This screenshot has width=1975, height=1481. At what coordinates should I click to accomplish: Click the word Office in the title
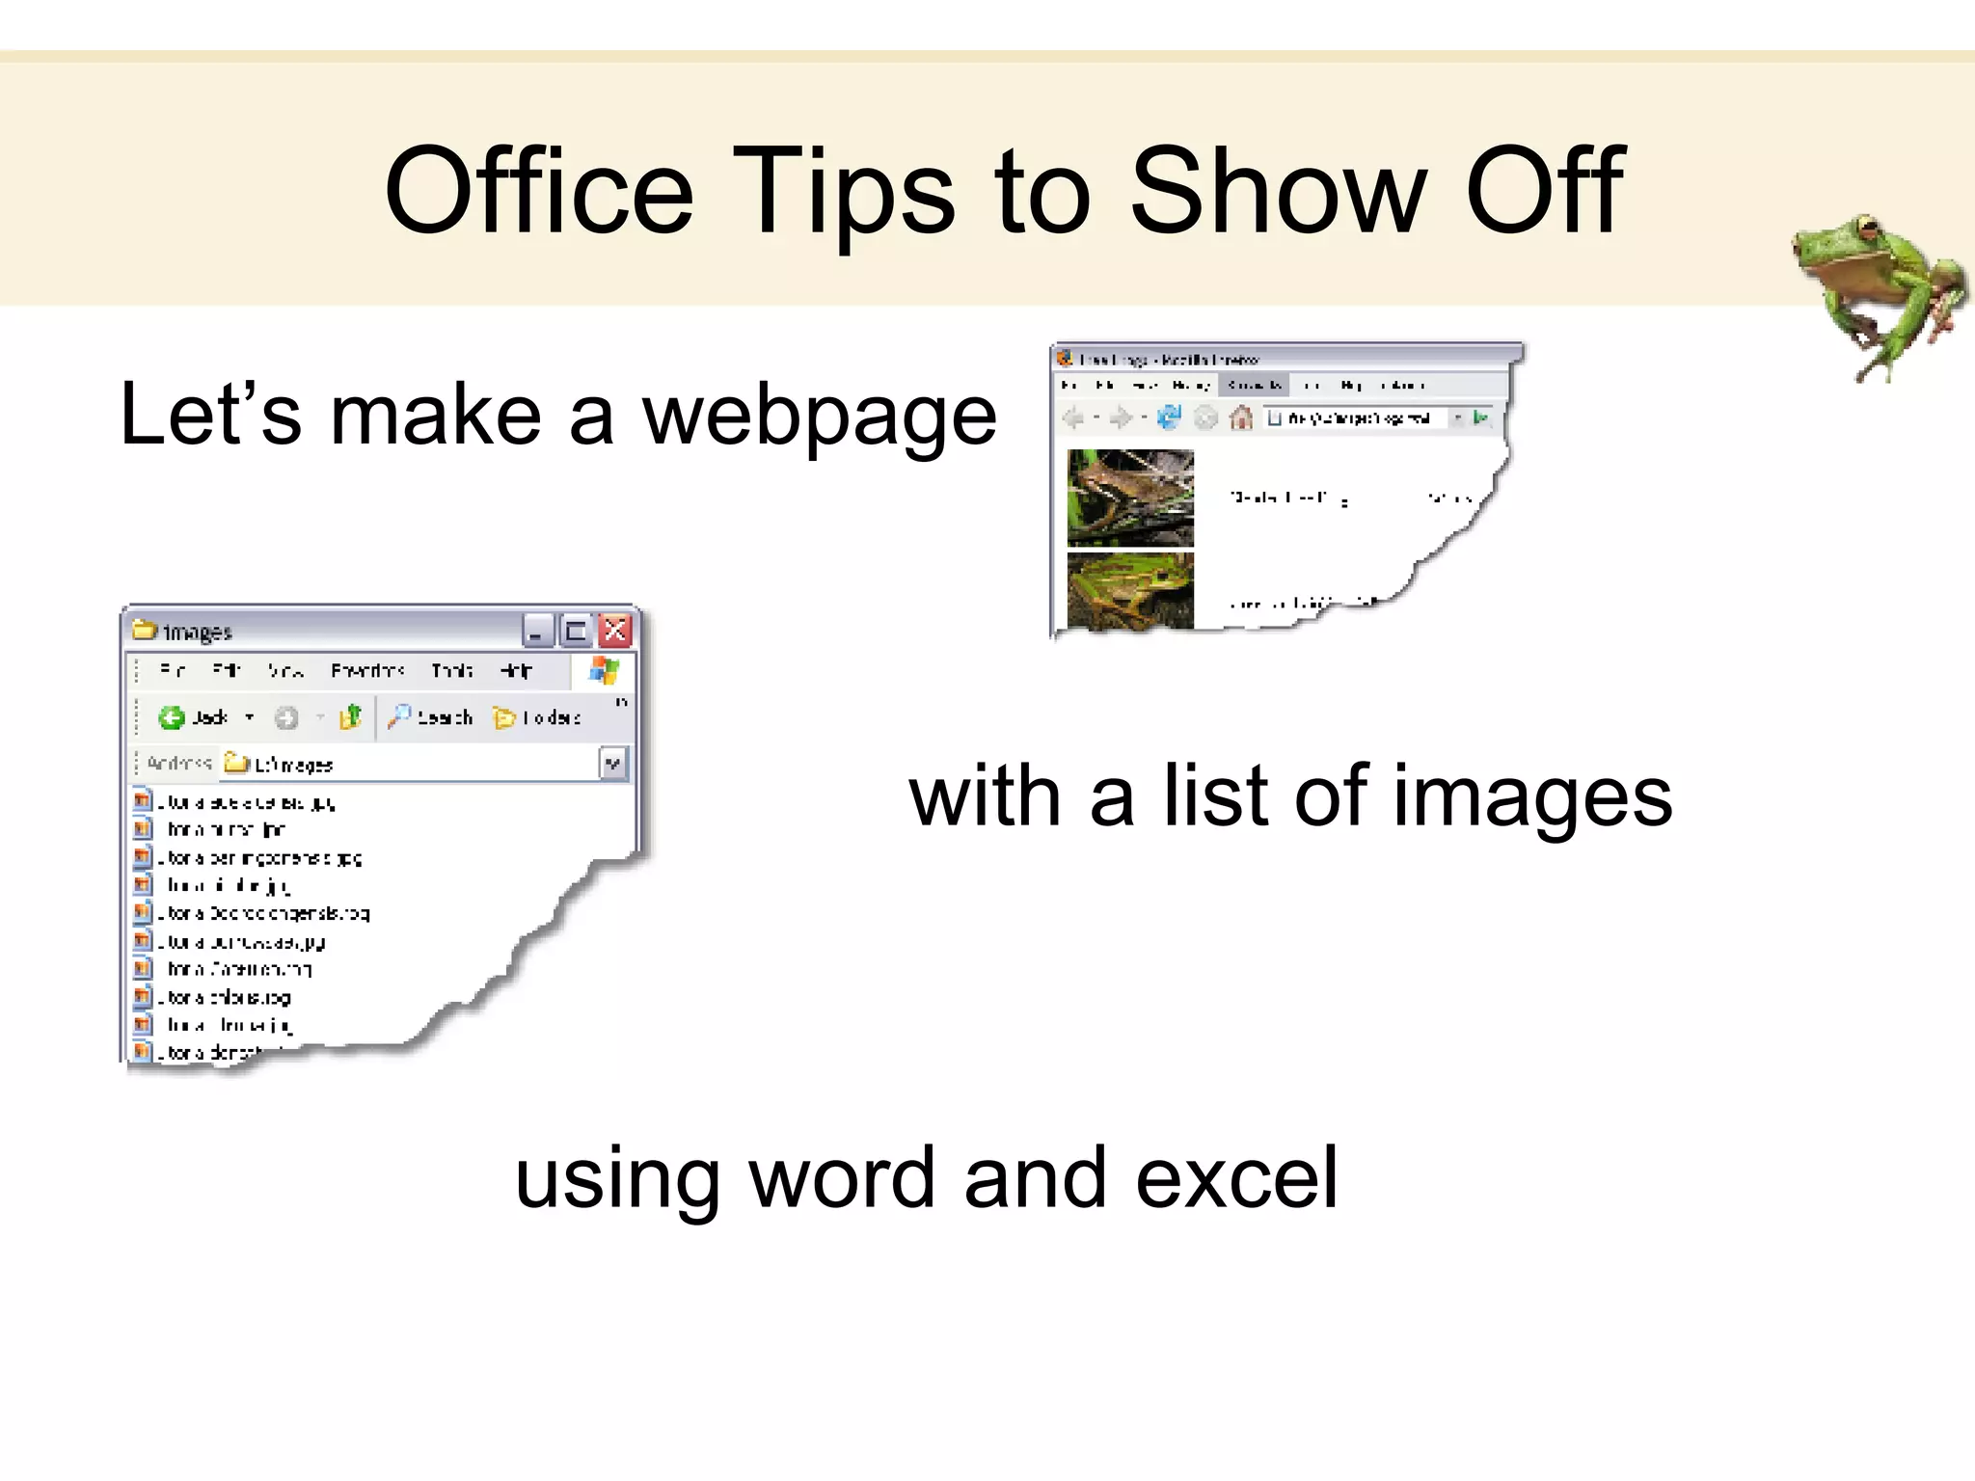(x=538, y=191)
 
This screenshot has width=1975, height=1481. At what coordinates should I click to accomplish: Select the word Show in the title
(x=1278, y=191)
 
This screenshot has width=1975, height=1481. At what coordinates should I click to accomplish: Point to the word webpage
(x=820, y=417)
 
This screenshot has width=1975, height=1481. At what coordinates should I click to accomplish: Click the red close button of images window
(x=615, y=632)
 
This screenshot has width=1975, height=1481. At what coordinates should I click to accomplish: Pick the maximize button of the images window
(x=576, y=632)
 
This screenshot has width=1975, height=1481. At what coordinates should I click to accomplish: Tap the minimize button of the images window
(x=537, y=632)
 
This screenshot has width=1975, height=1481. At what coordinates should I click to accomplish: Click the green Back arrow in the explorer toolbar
(x=172, y=717)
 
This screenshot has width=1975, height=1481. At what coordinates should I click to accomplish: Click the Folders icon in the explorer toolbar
(x=503, y=717)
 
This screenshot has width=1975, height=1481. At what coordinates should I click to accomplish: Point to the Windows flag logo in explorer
(x=604, y=670)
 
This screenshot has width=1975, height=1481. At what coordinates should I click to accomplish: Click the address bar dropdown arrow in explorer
(x=612, y=765)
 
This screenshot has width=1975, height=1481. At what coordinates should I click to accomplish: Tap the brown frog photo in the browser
(x=1130, y=498)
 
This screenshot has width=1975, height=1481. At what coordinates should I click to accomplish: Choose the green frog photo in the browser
(x=1130, y=590)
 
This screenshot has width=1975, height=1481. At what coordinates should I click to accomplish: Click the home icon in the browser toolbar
(x=1241, y=417)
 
